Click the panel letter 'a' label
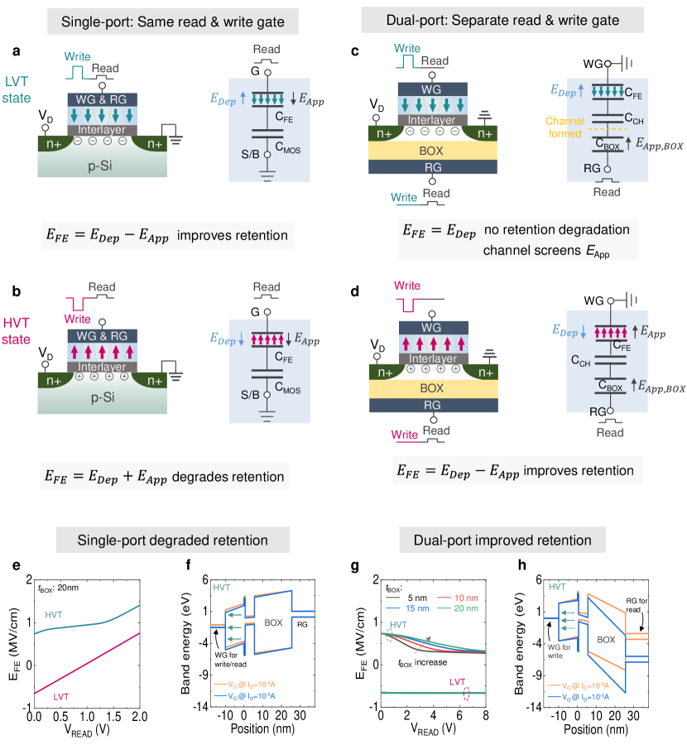coord(17,51)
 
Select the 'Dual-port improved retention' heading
coord(513,541)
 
